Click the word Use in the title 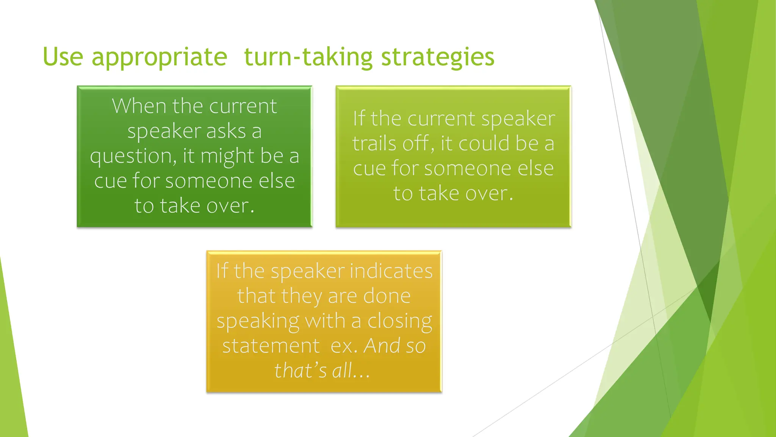coord(63,57)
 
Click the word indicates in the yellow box coord(391,271)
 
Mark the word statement coord(271,346)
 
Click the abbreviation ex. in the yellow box coord(344,346)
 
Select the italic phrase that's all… coord(322,371)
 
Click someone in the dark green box coord(209,181)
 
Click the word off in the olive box coord(417,143)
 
